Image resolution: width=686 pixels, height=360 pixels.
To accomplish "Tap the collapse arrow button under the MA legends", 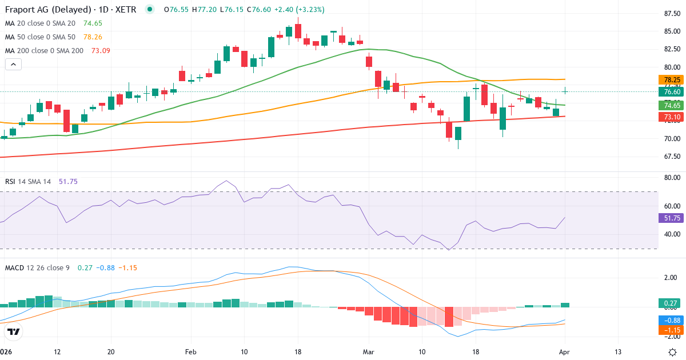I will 13,65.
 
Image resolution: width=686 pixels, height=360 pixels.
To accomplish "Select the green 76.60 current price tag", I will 672,91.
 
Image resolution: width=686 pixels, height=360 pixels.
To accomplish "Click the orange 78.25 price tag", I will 672,80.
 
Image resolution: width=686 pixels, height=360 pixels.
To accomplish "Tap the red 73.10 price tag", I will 672,117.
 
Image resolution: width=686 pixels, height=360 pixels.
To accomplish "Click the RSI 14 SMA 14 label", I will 28,182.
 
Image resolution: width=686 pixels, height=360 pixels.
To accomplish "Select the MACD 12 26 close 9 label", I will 38,268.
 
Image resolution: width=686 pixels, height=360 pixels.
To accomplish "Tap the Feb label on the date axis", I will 191,351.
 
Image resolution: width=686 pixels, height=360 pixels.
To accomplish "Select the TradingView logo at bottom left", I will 14,331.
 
